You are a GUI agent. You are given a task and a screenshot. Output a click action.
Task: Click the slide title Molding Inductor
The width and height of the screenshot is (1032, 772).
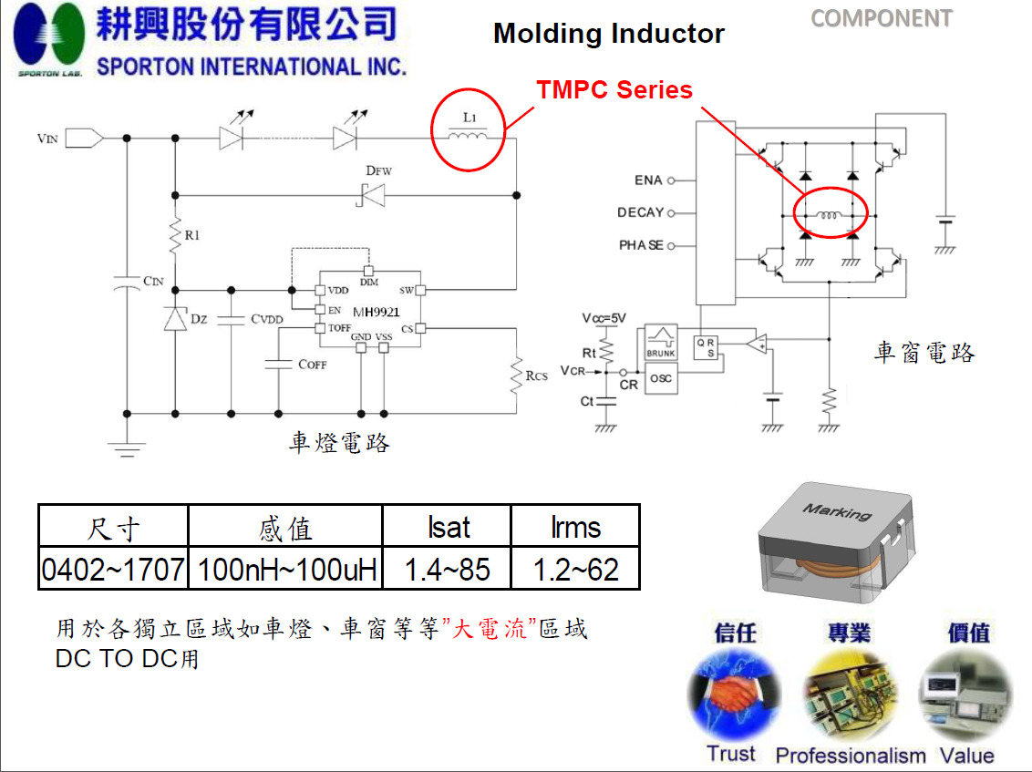[x=608, y=35]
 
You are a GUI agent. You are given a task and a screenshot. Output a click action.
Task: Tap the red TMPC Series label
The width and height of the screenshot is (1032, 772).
[x=614, y=90]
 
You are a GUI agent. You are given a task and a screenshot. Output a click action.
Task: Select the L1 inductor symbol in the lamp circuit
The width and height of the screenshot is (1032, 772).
[x=469, y=138]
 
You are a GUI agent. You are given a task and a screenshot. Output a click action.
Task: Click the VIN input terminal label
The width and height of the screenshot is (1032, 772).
[x=47, y=139]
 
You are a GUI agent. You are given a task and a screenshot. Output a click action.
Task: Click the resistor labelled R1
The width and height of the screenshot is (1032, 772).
[x=174, y=238]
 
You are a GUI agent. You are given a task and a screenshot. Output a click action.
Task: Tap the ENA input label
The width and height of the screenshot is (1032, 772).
[x=648, y=180]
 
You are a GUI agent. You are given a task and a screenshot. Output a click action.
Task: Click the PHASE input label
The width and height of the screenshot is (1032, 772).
[x=641, y=246]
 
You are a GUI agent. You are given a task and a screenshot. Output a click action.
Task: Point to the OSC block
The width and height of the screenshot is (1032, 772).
[x=661, y=378]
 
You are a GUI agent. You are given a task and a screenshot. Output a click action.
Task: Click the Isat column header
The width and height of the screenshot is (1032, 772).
[x=447, y=527]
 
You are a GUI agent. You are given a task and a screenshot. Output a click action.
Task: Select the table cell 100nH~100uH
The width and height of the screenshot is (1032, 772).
[x=286, y=571]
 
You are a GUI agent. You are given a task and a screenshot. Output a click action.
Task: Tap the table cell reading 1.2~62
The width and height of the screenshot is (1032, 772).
[x=575, y=571]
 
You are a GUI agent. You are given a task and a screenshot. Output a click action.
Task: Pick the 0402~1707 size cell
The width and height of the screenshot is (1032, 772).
[x=113, y=571]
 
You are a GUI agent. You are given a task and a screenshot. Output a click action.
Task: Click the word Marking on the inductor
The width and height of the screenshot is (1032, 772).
[x=837, y=511]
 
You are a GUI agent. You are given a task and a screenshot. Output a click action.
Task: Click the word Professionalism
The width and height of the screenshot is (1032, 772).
[x=850, y=756]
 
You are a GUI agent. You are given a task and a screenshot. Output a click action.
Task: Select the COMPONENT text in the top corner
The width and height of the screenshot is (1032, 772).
[x=881, y=18]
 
